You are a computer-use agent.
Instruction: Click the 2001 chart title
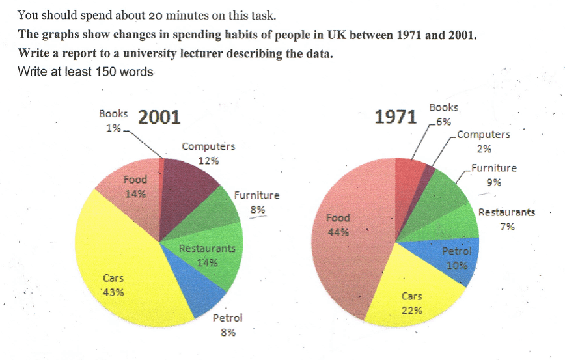tap(159, 118)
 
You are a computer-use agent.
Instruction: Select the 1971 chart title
tap(395, 117)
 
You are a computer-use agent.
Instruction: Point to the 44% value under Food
tap(338, 231)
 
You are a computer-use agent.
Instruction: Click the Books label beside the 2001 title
tap(113, 113)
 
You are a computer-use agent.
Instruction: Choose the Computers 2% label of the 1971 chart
tap(484, 141)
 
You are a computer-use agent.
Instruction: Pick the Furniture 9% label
tap(494, 174)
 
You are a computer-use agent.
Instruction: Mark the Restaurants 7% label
tap(506, 219)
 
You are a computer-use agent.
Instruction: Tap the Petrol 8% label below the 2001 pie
tap(227, 324)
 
